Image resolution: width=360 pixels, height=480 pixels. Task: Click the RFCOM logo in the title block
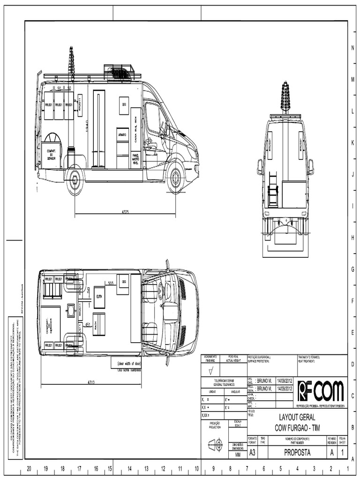[321, 390]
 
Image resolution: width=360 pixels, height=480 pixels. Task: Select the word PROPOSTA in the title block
[297, 452]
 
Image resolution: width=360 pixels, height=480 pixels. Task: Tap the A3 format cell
[252, 452]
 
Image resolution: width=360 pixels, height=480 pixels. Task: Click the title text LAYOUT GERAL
[297, 417]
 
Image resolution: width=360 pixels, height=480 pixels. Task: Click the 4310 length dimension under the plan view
[92, 382]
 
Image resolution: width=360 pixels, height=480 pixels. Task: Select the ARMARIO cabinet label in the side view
[122, 135]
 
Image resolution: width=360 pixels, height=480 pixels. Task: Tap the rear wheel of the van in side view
[74, 180]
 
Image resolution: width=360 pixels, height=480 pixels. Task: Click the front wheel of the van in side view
[175, 178]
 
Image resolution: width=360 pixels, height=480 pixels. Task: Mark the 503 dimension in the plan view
[111, 283]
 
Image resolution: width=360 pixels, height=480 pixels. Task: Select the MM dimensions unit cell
[238, 454]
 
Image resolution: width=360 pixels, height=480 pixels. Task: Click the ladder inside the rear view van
[273, 190]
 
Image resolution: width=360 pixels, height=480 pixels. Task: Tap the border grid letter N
[352, 48]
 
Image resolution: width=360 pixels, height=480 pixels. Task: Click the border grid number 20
[29, 468]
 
